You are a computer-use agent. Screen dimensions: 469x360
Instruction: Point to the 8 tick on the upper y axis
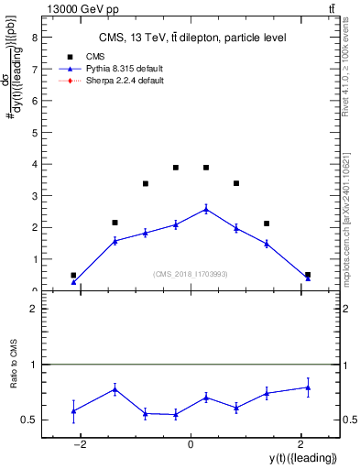tap(34, 38)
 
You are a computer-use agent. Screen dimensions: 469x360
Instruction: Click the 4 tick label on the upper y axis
tap(34, 164)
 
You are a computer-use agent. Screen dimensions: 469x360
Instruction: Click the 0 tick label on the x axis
tap(191, 444)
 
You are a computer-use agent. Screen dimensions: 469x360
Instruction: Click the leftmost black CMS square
tap(73, 275)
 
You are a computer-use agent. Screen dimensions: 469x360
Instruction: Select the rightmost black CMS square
tap(308, 275)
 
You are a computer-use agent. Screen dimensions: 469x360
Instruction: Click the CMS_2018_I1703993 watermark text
tap(191, 273)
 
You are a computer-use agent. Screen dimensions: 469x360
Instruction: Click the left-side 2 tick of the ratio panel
tap(34, 310)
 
